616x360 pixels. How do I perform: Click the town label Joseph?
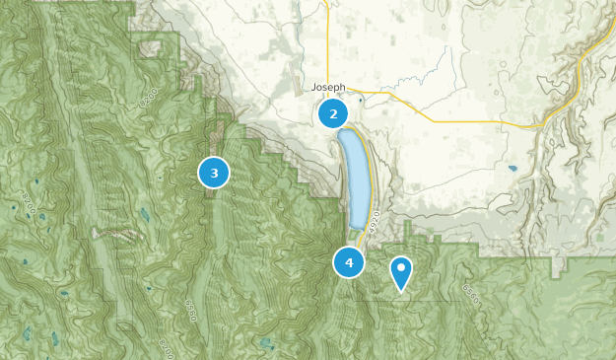click(x=328, y=87)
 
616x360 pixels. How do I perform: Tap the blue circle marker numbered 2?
click(x=333, y=113)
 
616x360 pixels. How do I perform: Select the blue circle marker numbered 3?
click(x=214, y=173)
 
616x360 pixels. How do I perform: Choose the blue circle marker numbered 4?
click(x=349, y=262)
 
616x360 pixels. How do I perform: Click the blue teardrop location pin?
click(x=401, y=272)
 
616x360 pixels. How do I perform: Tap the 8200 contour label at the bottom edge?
click(x=165, y=346)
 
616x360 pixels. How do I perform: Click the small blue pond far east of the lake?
click(x=513, y=168)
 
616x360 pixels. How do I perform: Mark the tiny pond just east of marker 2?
click(x=362, y=100)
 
